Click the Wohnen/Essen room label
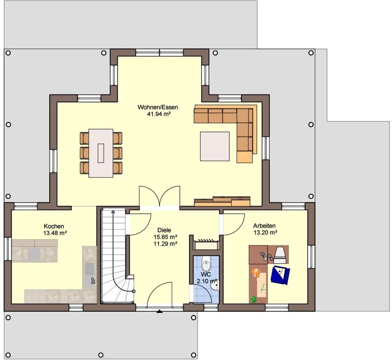(158, 108)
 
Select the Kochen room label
(54, 226)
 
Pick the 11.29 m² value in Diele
(165, 243)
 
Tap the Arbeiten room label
(264, 226)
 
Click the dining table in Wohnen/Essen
(101, 153)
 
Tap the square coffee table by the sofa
(215, 146)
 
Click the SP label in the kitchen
(93, 281)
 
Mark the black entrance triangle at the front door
(159, 311)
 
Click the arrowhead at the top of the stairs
(113, 212)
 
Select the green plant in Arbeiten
(254, 299)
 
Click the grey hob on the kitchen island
(33, 254)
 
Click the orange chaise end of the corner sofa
(245, 157)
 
